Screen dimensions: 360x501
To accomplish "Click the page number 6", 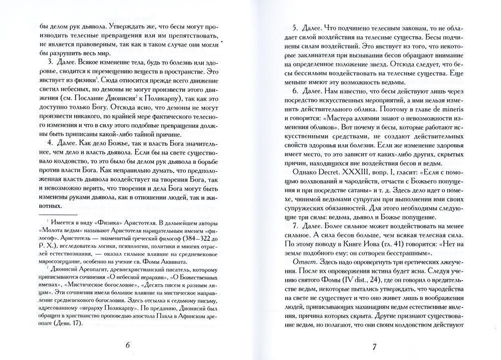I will (127, 345).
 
